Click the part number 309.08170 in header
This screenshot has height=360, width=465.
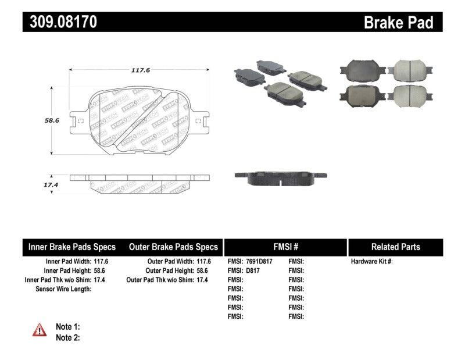coord(60,23)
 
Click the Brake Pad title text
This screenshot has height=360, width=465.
coord(398,23)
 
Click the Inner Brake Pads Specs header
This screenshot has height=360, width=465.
coord(72,247)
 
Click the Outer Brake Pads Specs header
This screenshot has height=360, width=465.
coord(173,247)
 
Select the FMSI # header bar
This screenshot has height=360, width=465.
coord(285,247)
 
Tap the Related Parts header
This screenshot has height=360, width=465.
coord(395,247)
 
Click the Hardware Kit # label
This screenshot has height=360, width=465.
coord(371,262)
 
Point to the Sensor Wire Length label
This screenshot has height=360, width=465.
coord(63,289)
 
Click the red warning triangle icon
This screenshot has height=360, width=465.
coord(40,330)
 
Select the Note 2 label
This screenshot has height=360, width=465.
coord(67,337)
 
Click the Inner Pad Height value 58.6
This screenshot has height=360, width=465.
coord(101,270)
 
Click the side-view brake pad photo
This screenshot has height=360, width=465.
coord(280,177)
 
